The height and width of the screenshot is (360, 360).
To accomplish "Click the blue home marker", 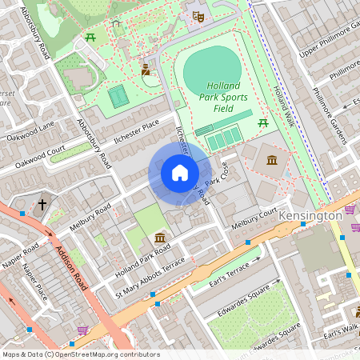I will click(180, 173).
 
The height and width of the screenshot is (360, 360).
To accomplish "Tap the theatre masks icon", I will click(197, 15).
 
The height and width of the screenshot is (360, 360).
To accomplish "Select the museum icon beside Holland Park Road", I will click(160, 238).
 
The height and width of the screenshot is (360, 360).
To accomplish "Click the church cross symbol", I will click(42, 205).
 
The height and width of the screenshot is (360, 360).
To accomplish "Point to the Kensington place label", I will click(310, 216).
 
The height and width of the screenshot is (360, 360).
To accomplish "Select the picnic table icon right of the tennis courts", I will click(263, 122).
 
